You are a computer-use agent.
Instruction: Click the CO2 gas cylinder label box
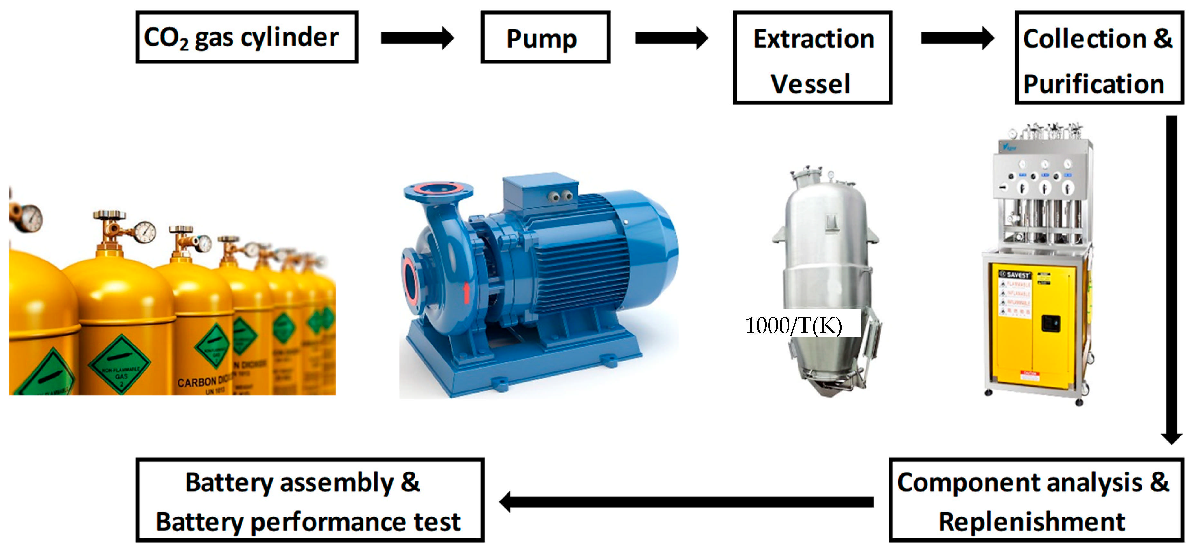tap(247, 37)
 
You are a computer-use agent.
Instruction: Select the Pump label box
tap(545, 37)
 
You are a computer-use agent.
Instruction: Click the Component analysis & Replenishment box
tap(1035, 500)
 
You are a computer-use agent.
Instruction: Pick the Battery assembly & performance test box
tap(310, 500)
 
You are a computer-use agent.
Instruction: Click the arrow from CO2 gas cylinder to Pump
tap(417, 38)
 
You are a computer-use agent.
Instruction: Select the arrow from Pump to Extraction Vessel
tap(671, 38)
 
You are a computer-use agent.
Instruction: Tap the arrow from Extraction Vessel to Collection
tap(957, 38)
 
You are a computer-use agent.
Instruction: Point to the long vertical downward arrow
tap(1171, 278)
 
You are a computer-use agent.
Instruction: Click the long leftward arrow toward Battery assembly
tap(686, 502)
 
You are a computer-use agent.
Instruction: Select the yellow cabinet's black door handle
tap(1050, 323)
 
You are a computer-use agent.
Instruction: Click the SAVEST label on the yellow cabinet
tap(1016, 275)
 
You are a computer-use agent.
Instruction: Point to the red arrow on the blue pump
tap(467, 293)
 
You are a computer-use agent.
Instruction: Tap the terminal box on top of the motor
tap(540, 191)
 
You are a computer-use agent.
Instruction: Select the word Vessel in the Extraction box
tap(810, 84)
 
